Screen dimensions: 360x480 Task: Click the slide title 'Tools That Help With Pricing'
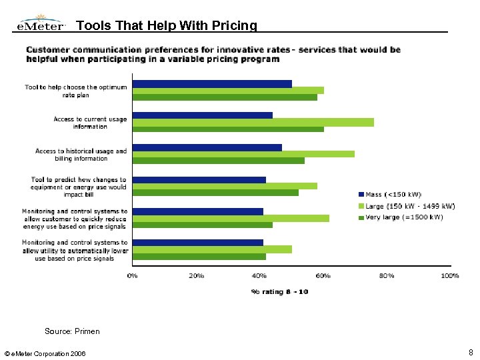(x=166, y=25)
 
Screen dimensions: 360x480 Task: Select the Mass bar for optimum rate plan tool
(x=212, y=83)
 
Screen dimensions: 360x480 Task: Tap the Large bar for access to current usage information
(x=253, y=122)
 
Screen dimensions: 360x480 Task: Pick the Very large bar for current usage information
(x=228, y=129)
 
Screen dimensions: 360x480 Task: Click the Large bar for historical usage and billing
(x=243, y=154)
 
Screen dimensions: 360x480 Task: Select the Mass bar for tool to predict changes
(x=199, y=179)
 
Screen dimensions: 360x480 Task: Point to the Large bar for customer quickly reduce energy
(x=231, y=217)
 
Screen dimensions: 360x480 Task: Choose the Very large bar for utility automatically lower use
(x=199, y=256)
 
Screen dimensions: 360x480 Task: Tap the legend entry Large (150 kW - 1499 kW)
(x=406, y=206)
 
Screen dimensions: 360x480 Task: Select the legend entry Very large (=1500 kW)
(x=400, y=217)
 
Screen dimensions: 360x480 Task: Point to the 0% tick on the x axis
(x=133, y=275)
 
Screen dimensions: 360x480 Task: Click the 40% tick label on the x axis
(x=259, y=275)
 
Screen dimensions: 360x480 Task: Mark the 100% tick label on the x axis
(x=449, y=275)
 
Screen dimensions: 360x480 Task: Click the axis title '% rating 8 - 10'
(x=279, y=291)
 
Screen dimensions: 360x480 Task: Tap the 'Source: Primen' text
(x=72, y=331)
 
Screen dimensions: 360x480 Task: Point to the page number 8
(x=471, y=351)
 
